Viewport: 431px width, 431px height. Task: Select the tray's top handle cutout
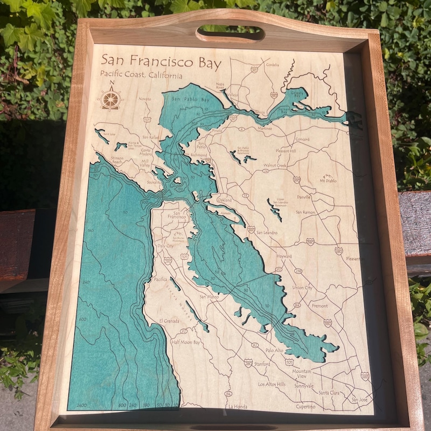(230, 33)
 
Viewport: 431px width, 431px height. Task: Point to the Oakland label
(224, 200)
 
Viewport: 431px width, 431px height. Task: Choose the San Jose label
(359, 400)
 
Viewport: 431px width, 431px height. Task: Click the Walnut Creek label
(274, 165)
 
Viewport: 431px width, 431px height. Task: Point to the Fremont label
(319, 305)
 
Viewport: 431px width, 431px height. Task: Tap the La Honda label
(238, 406)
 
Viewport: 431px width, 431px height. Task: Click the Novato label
(145, 99)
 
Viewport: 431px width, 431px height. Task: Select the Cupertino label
(305, 406)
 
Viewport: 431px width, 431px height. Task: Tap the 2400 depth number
(81, 405)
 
